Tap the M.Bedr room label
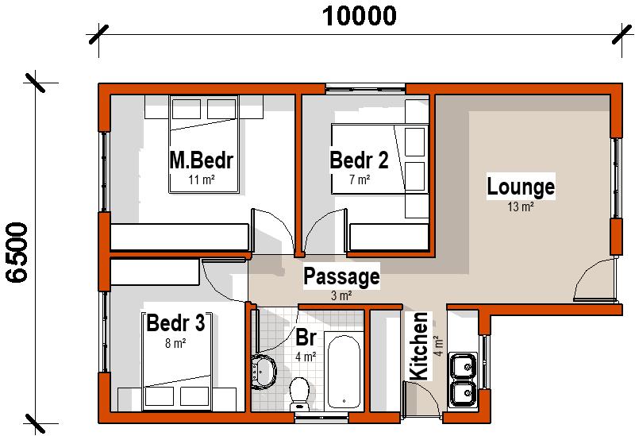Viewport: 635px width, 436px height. (201, 160)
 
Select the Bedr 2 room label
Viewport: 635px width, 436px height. (359, 160)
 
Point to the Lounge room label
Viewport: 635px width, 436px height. (521, 188)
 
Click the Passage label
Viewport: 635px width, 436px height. (341, 277)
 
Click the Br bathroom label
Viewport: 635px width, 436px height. (306, 337)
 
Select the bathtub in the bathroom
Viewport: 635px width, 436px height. (344, 372)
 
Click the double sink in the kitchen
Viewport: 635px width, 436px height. (462, 380)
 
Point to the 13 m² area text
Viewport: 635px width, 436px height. (521, 207)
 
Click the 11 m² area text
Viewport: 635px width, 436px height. (201, 179)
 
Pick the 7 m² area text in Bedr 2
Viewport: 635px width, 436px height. (359, 179)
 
